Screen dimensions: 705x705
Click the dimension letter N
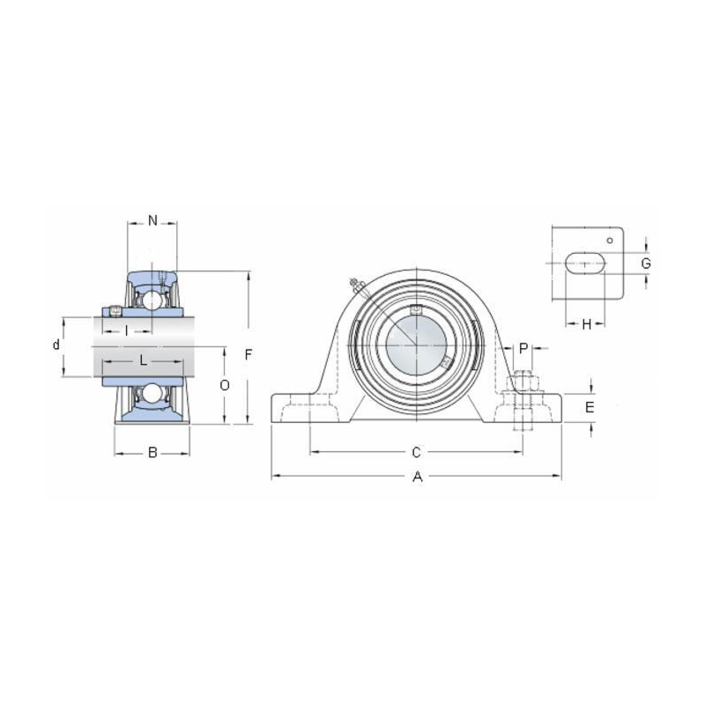(152, 220)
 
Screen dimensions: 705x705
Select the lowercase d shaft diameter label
(56, 345)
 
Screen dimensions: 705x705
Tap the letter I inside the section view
(127, 330)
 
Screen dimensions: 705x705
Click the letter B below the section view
(152, 453)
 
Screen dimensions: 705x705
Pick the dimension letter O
(225, 385)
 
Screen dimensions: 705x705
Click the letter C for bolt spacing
(416, 453)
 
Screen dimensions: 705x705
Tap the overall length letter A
(418, 477)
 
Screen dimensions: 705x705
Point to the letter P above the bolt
(523, 348)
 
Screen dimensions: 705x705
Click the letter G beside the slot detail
(645, 263)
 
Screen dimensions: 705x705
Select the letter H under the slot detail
(586, 324)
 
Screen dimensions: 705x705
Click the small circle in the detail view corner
(608, 240)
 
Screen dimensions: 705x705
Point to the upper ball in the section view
(153, 300)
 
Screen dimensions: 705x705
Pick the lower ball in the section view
(153, 393)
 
